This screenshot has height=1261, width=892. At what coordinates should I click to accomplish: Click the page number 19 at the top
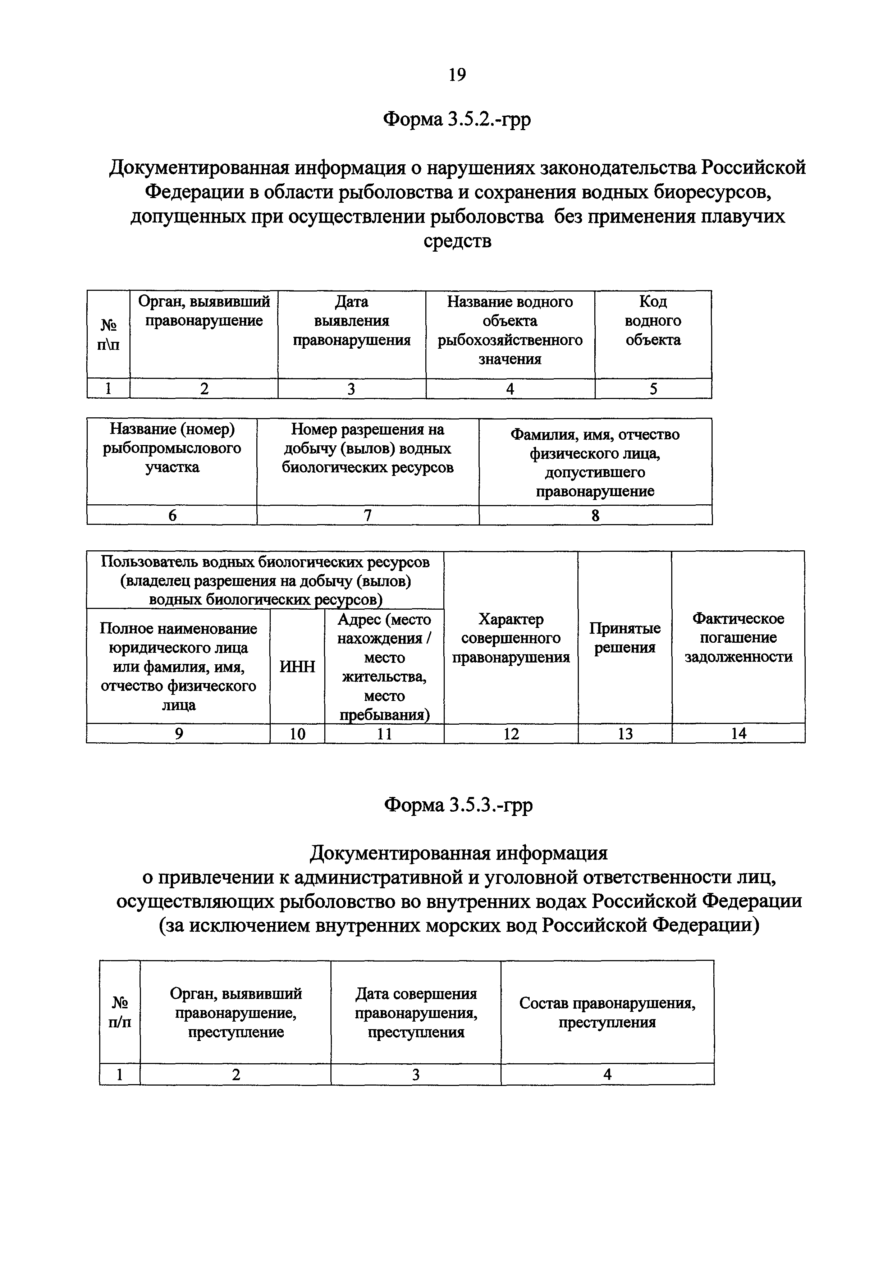coord(457,74)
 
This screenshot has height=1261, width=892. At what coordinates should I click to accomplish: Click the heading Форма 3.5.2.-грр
coord(457,119)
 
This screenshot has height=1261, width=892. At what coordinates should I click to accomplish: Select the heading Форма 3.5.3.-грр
coord(458,805)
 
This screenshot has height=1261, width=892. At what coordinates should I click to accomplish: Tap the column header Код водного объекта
coord(653,321)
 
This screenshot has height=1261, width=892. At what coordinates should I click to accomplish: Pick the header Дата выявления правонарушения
coord(352,321)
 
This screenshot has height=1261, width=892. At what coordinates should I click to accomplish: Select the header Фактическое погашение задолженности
coord(738,638)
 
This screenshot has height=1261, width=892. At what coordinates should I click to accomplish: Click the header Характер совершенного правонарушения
coord(511,638)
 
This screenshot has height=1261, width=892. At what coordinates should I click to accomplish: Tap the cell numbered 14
coord(738,733)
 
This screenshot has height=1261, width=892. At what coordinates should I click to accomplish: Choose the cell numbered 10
coord(297,734)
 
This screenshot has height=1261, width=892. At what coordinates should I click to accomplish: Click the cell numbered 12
coord(511,734)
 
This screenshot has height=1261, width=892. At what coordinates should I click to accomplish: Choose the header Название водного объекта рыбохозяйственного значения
coord(510,330)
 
